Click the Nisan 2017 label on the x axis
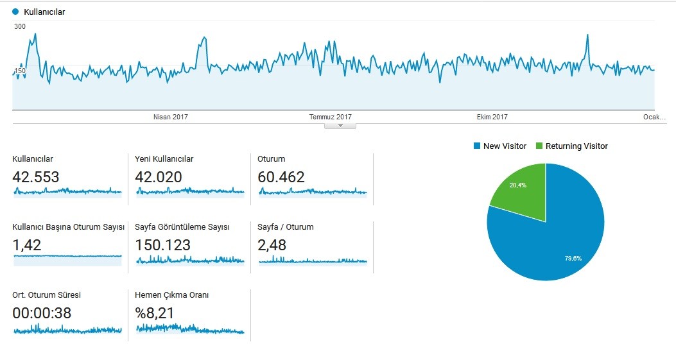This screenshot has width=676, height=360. point(171,117)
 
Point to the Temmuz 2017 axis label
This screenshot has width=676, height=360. point(330,117)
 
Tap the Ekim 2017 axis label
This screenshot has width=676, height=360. point(492,117)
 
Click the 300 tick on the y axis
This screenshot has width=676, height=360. point(20,26)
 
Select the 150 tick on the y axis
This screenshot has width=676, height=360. point(21,71)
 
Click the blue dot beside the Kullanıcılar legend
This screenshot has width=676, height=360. point(15,12)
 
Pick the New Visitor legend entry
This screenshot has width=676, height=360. point(500,146)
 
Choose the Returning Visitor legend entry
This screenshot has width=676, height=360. point(571,146)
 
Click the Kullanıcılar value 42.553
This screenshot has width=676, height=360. point(36,176)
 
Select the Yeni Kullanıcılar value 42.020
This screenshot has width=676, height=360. point(158,176)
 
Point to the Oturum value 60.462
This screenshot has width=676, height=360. point(281,176)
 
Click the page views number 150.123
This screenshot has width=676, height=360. point(162,245)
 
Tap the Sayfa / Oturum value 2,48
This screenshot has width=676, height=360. point(272,245)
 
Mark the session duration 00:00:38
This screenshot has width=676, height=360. point(42,313)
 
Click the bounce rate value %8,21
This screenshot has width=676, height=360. point(154,313)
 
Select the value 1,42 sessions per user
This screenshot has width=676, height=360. point(27,245)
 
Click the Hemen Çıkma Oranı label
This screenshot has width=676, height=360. point(171,295)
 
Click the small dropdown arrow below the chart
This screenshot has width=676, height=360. point(341,126)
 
